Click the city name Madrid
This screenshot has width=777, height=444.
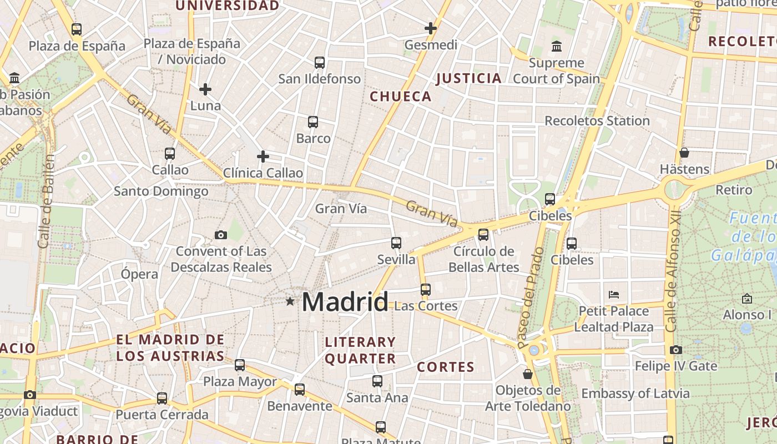(x=345, y=302)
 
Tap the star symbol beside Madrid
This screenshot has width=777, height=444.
(x=290, y=301)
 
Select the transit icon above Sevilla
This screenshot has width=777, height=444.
(x=396, y=243)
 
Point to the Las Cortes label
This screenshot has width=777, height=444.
(x=426, y=306)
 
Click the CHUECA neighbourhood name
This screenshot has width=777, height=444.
(x=401, y=97)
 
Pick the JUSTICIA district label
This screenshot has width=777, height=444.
(x=469, y=78)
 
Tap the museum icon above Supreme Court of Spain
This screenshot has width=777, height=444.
(x=556, y=46)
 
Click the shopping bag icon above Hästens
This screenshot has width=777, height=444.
(x=684, y=153)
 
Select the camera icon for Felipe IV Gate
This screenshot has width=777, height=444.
(x=675, y=350)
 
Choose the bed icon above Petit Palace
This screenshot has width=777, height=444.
(x=614, y=294)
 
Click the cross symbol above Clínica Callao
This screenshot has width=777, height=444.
(x=263, y=157)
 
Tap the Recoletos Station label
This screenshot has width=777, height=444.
(x=597, y=121)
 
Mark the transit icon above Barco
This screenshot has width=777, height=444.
(x=313, y=122)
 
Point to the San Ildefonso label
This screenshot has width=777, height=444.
(x=320, y=79)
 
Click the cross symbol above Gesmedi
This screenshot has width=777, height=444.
(x=431, y=28)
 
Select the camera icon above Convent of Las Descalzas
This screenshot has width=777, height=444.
(x=221, y=235)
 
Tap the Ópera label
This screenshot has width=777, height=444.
(x=139, y=274)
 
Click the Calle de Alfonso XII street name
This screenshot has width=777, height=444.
(x=673, y=272)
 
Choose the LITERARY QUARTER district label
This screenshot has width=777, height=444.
(x=360, y=350)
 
